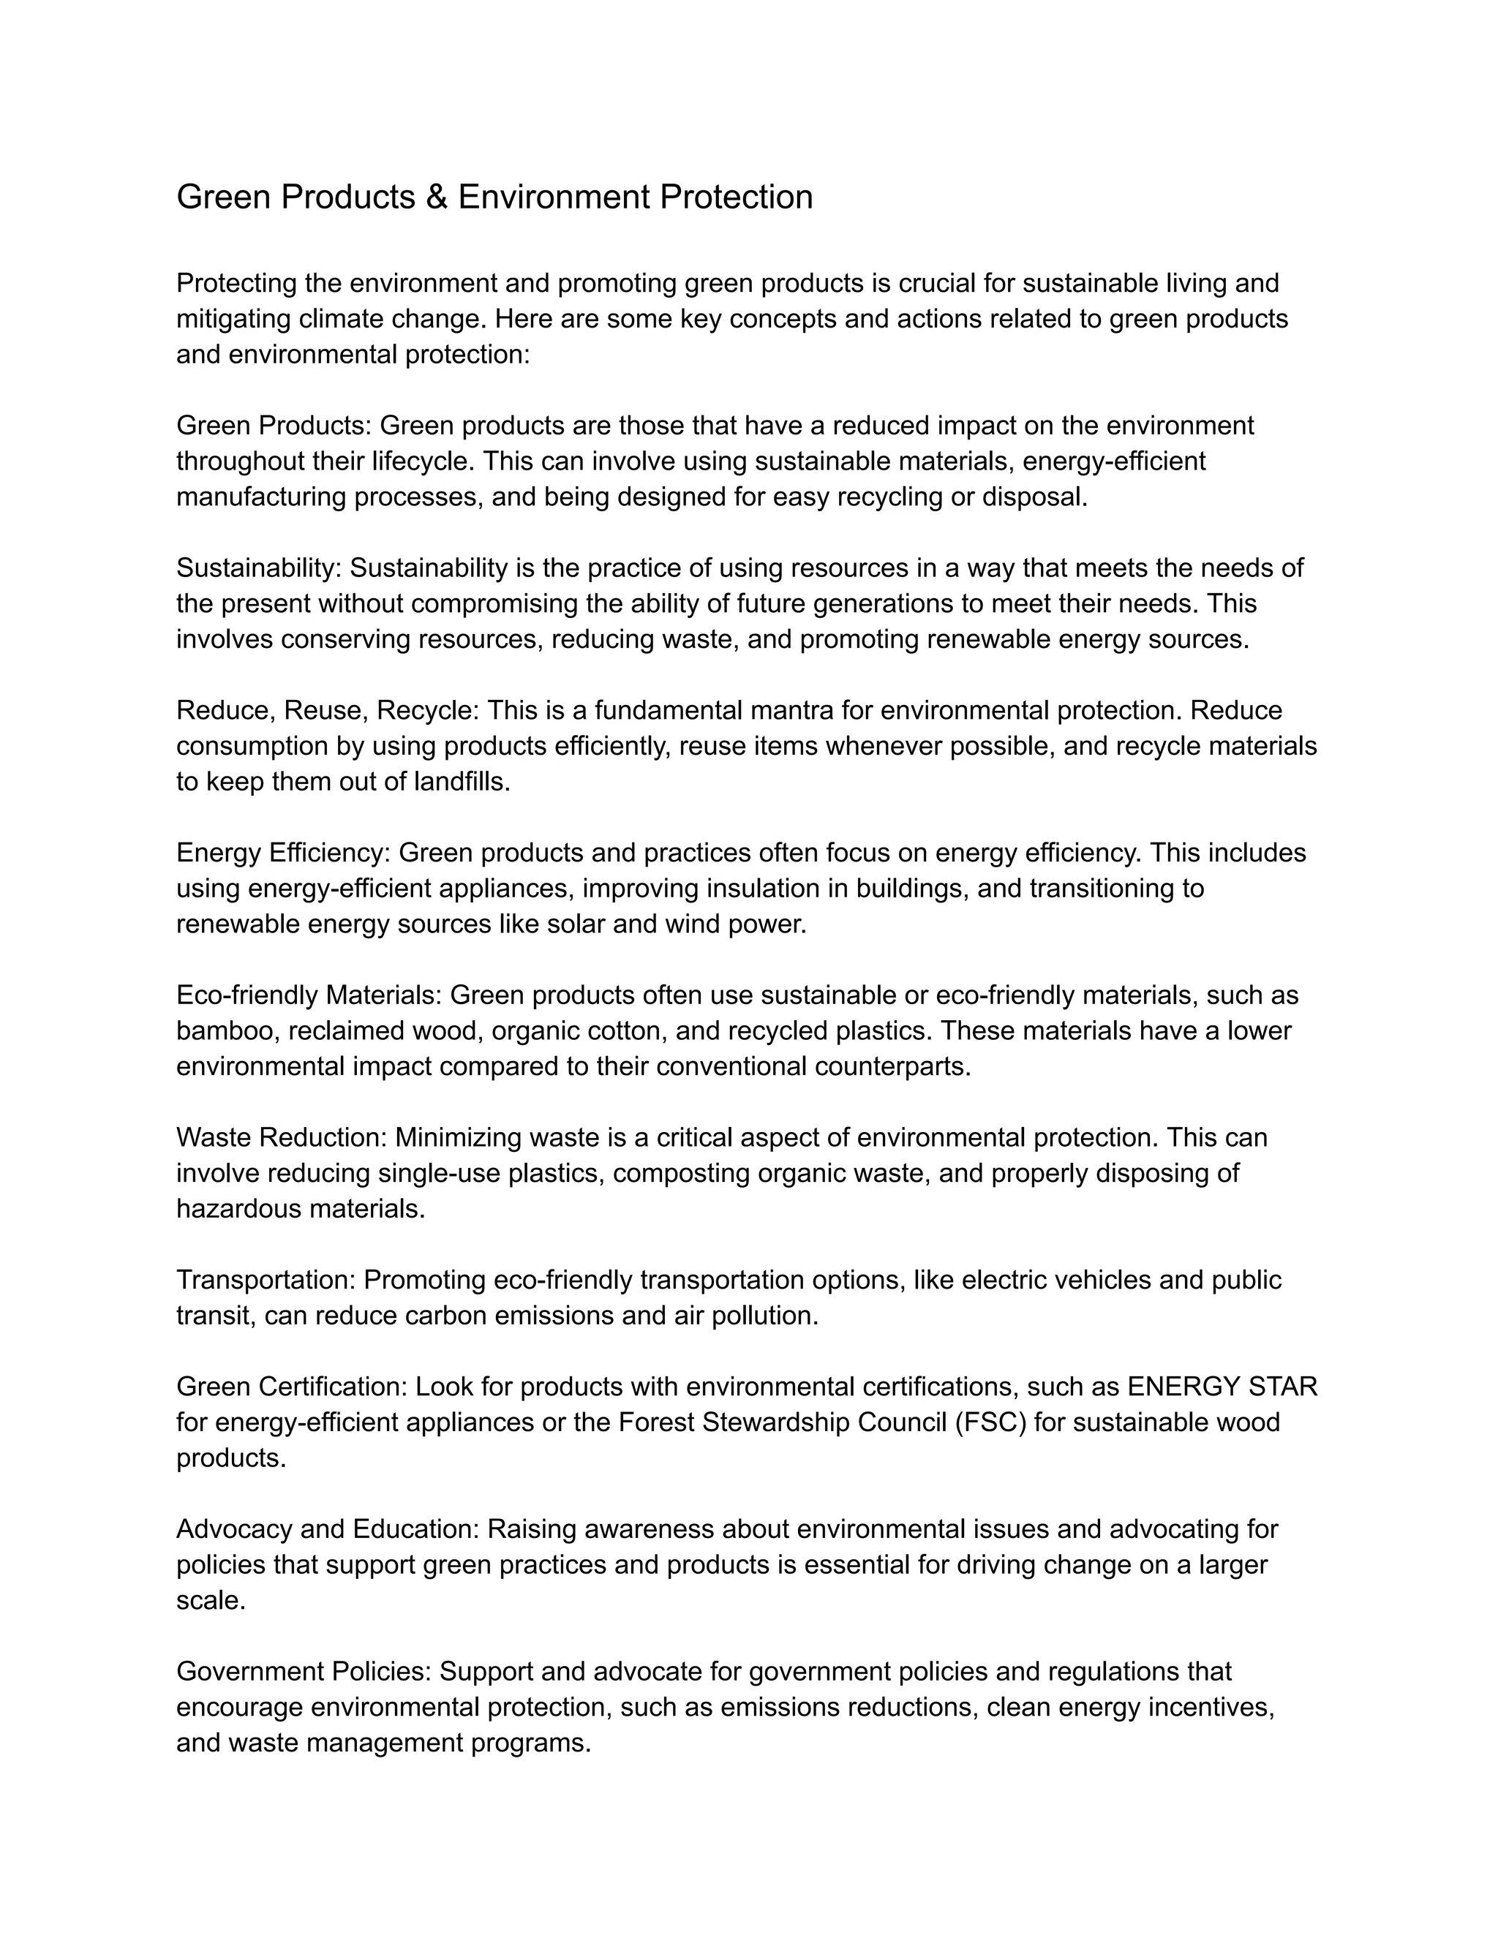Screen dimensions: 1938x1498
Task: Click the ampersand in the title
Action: (x=436, y=197)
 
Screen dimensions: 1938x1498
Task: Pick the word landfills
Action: (x=462, y=782)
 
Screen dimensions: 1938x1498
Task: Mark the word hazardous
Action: (x=233, y=1209)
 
